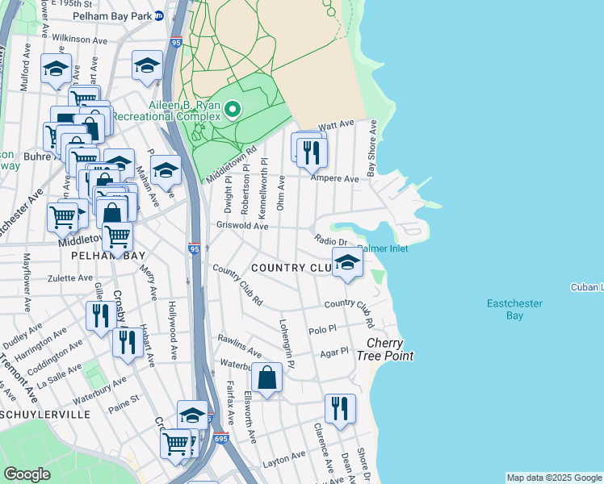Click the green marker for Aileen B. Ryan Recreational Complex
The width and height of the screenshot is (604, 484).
[x=233, y=109]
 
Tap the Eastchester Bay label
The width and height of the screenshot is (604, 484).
[x=514, y=309]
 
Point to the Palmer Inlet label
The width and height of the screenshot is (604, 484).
[x=382, y=248]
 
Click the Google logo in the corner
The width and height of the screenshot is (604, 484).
[x=27, y=474]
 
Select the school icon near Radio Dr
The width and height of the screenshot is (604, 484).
[x=347, y=262]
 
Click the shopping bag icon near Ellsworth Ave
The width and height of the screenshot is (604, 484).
[x=266, y=377]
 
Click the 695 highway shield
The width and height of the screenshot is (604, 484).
[x=222, y=438]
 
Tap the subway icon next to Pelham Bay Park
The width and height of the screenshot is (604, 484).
[x=159, y=15]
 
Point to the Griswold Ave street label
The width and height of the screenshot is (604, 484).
[x=241, y=227]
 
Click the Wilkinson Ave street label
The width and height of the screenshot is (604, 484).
[x=79, y=38]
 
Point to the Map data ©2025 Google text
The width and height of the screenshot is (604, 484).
[x=553, y=478]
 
